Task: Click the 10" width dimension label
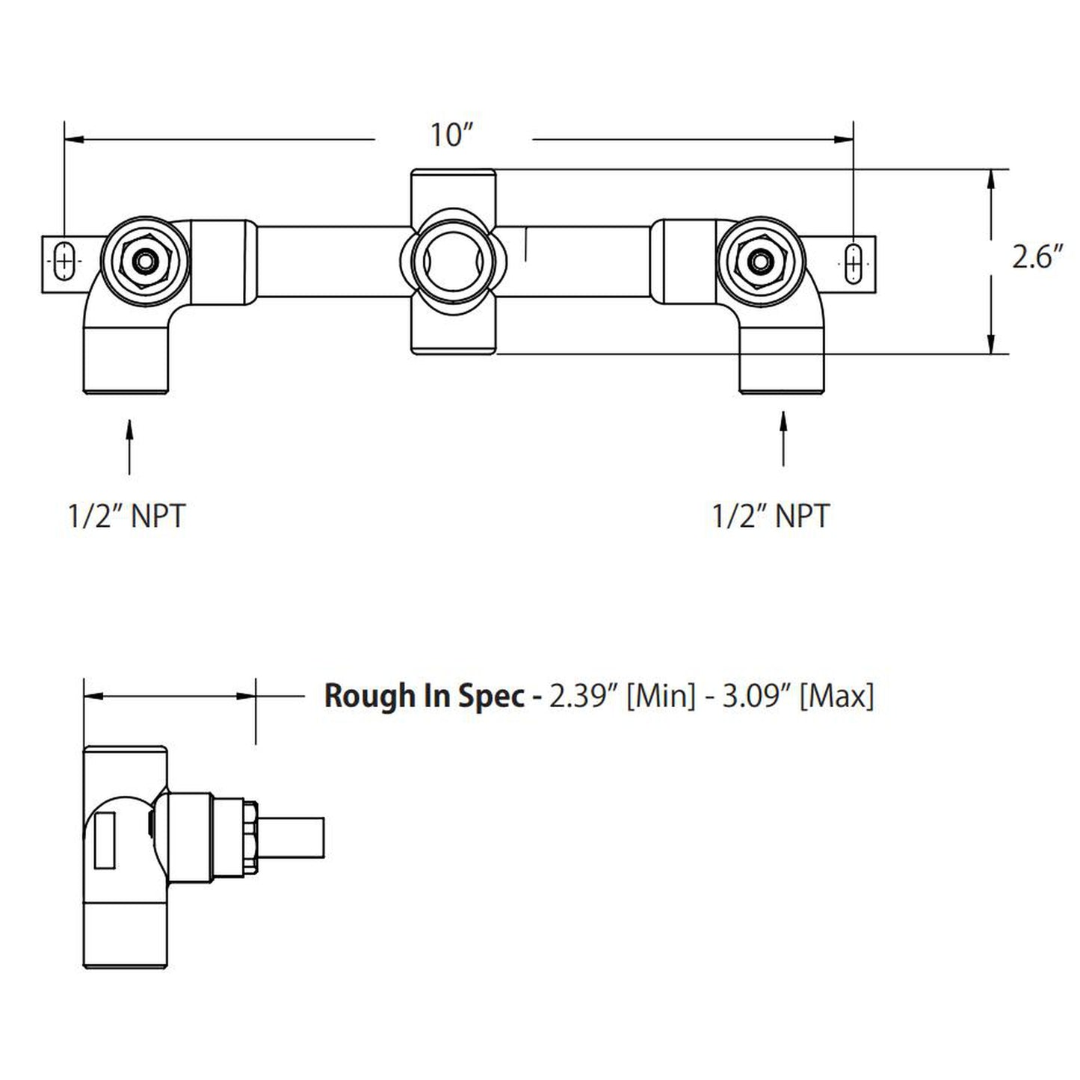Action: pos(452,136)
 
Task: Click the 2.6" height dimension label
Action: pos(1037,258)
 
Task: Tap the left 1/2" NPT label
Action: pos(126,516)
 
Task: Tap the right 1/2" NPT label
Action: pos(771,516)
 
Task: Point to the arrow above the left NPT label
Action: pos(130,445)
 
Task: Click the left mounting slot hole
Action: pos(65,261)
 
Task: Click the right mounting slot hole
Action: pos(853,261)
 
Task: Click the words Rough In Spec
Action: pos(423,696)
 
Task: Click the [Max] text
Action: pos(836,696)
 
